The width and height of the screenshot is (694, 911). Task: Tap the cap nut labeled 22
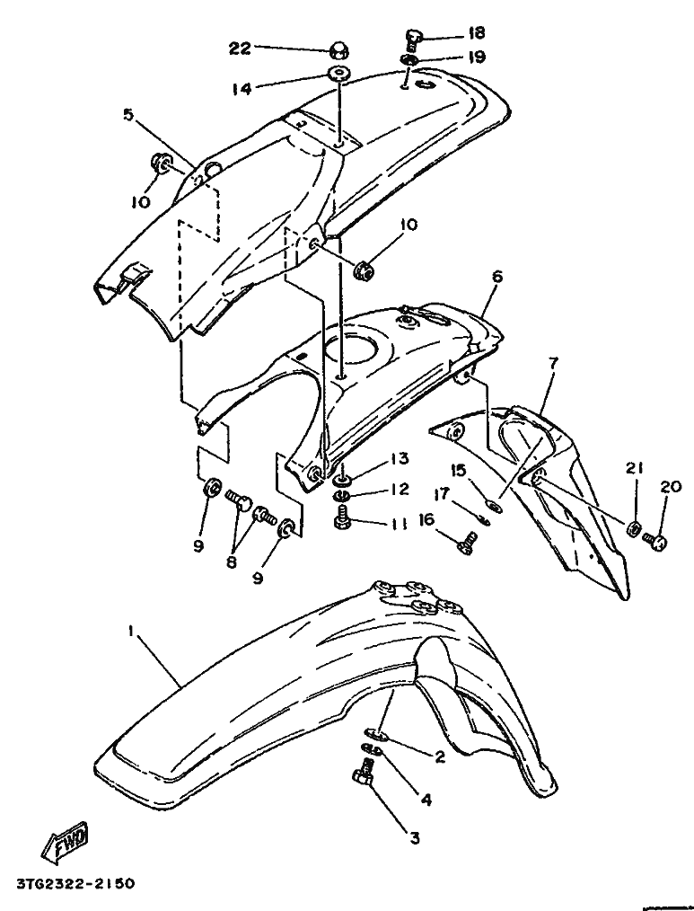pos(340,49)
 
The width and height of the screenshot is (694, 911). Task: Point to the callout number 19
pos(476,57)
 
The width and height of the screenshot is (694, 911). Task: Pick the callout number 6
pos(495,278)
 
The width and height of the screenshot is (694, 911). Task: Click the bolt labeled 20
pos(654,540)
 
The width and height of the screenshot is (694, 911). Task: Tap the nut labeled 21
pos(632,529)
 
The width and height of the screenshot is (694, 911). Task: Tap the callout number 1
pos(131,632)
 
